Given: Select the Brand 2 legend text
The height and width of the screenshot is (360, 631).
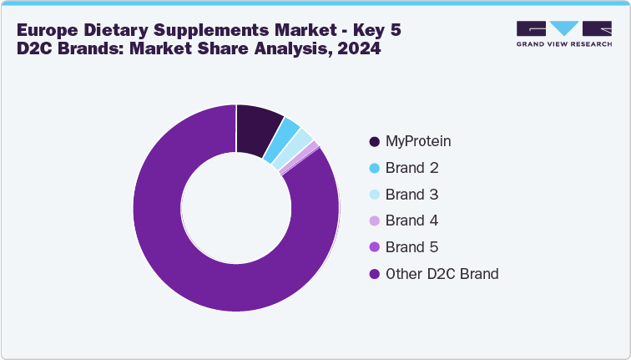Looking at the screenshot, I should click(x=411, y=168).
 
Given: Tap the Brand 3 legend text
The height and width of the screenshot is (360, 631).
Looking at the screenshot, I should click(x=411, y=195).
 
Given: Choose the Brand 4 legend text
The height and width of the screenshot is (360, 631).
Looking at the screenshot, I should click(x=411, y=221).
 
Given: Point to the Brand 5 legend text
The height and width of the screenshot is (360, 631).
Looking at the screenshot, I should click(x=411, y=247).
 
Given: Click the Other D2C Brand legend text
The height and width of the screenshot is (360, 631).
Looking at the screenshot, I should click(x=442, y=274).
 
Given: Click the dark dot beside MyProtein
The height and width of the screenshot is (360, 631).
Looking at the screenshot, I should click(x=374, y=141).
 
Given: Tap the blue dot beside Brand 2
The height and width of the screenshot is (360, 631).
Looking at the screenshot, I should click(x=374, y=168).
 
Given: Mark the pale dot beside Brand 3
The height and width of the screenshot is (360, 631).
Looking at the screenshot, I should click(x=374, y=195).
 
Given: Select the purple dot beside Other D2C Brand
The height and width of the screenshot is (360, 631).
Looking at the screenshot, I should click(x=374, y=274).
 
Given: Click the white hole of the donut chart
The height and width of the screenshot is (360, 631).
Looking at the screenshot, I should click(x=236, y=208).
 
